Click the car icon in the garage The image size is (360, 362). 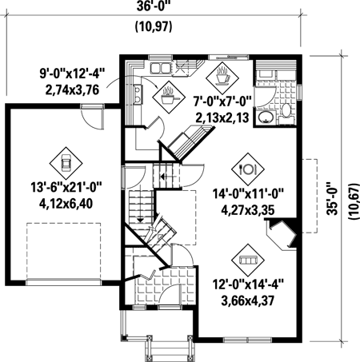[66, 163]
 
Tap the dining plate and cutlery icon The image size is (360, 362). [248, 169]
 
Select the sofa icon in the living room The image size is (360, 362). [248, 260]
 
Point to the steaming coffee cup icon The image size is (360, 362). [222, 78]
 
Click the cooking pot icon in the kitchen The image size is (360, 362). [169, 97]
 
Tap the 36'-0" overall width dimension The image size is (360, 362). [154, 6]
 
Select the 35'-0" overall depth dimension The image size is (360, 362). [333, 198]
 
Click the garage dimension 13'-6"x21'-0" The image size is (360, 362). [67, 187]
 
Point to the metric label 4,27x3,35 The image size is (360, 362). [248, 210]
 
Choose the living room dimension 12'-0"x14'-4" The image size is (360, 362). [248, 284]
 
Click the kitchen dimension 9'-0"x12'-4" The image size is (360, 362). [73, 74]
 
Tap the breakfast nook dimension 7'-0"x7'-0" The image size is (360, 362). [222, 101]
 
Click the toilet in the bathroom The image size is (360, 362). [287, 114]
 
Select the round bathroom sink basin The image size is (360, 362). [266, 117]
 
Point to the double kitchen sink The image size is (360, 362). [160, 68]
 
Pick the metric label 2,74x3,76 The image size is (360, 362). [72, 90]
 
